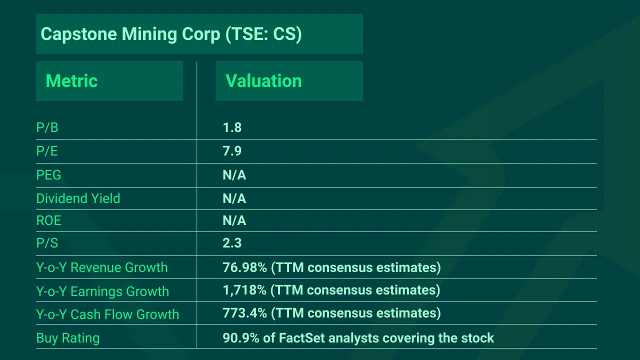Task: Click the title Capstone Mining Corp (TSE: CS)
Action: [x=171, y=34]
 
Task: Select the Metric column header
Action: [x=71, y=81]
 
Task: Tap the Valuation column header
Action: [x=263, y=81]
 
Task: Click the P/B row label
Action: [x=47, y=127]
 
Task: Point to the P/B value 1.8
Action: [x=232, y=127]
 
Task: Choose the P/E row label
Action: [x=47, y=151]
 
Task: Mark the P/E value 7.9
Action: [x=232, y=151]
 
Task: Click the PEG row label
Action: [x=48, y=175]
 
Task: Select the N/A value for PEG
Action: [x=234, y=175]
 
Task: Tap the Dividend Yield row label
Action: [x=78, y=198]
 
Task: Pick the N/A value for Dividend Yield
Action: [x=234, y=198]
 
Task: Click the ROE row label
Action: [x=48, y=220]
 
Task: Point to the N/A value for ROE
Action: [x=234, y=220]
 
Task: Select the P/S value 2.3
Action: [x=232, y=243]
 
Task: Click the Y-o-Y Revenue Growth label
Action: [x=101, y=267]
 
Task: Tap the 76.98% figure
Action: [x=244, y=267]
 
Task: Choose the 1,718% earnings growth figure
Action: [x=244, y=290]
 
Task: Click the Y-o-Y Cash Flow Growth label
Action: [x=107, y=314]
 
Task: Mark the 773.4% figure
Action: [x=244, y=313]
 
